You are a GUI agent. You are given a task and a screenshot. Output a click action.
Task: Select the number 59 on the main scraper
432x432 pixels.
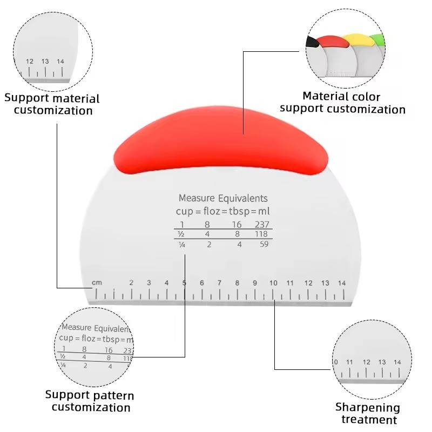pyautogui.click(x=265, y=244)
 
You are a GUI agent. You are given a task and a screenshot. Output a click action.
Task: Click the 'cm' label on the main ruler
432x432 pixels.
pyautogui.click(x=97, y=283)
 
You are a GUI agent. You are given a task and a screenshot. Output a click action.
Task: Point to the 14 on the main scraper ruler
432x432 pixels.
pyautogui.click(x=342, y=283)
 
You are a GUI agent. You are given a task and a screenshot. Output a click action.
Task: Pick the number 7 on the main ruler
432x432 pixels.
pyautogui.click(x=219, y=283)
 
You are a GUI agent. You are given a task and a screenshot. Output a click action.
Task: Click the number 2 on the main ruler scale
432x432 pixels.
pyautogui.click(x=131, y=283)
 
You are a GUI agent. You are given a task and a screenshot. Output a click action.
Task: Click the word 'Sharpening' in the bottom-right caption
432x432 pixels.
pyautogui.click(x=367, y=408)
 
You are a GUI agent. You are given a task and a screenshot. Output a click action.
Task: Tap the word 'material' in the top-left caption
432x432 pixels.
pyautogui.click(x=76, y=98)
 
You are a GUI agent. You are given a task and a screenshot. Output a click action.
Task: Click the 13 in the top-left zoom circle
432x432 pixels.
pyautogui.click(x=45, y=62)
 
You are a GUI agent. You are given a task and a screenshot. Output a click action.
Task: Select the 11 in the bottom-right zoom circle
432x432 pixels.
pyautogui.click(x=349, y=362)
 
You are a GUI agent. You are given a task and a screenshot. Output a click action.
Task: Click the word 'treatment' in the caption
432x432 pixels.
pyautogui.click(x=369, y=420)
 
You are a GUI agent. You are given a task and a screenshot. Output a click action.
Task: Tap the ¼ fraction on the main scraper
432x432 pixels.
pyautogui.click(x=182, y=245)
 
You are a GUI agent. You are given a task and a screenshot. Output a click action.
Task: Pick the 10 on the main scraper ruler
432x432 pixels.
pyautogui.click(x=273, y=283)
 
